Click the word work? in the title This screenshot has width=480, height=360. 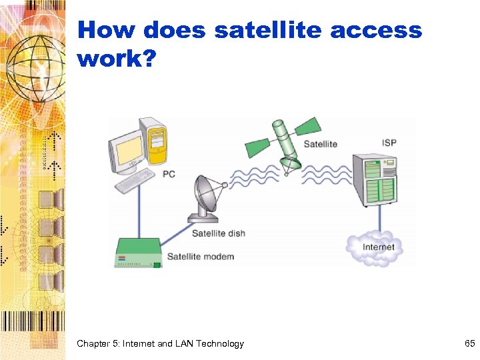point(117,59)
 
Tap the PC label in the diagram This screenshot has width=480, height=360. point(169,174)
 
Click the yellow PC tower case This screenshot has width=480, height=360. point(155,141)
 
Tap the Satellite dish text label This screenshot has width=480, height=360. point(218,233)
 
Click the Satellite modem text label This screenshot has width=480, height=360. point(200,257)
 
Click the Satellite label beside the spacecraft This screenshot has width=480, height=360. point(320,144)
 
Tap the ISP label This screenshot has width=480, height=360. point(390,143)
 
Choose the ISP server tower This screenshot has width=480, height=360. point(375,179)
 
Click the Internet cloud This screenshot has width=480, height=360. point(377,247)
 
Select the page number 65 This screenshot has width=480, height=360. point(469,343)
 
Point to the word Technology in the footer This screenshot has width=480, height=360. point(220,343)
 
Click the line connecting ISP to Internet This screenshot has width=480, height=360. point(380,219)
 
